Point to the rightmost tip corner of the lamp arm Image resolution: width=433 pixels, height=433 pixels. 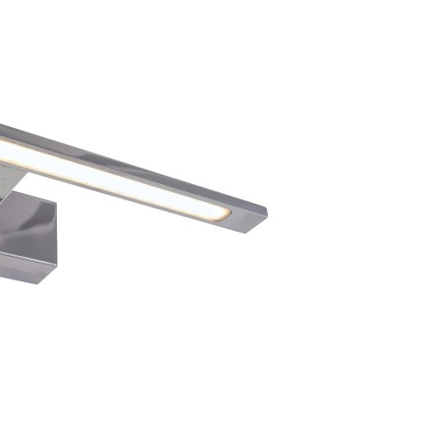pyautogui.click(x=267, y=214)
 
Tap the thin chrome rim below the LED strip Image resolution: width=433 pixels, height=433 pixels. pyautogui.click(x=135, y=200)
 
